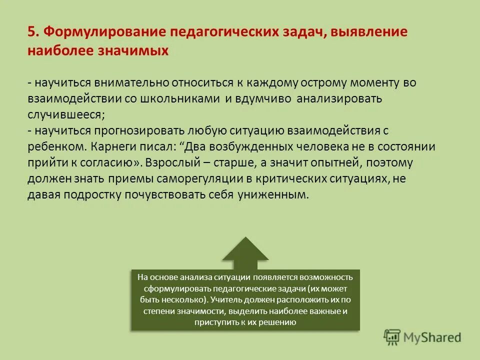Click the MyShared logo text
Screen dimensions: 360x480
tap(433, 337)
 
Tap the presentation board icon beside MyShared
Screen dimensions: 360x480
tap(392, 337)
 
